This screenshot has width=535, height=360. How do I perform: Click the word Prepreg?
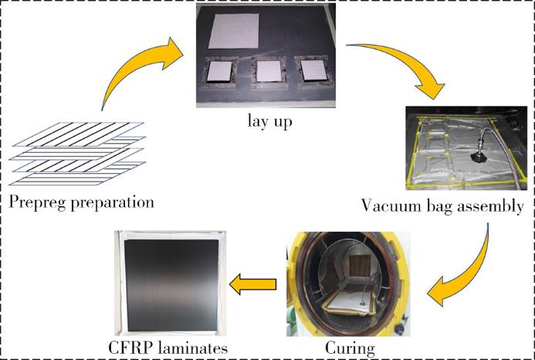pyautogui.click(x=38, y=202)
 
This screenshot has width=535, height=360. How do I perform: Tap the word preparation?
pyautogui.click(x=112, y=203)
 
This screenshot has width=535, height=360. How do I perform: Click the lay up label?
pyautogui.click(x=269, y=122)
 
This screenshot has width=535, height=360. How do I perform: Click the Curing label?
pyautogui.click(x=350, y=348)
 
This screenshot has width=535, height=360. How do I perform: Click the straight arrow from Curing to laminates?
pyautogui.click(x=252, y=284)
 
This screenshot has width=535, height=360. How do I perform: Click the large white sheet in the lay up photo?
pyautogui.click(x=233, y=31)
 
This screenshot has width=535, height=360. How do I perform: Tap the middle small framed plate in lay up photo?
pyautogui.click(x=269, y=71)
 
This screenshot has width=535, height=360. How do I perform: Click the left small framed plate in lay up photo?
pyautogui.click(x=219, y=72)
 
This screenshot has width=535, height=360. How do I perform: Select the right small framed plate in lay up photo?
pyautogui.click(x=313, y=70)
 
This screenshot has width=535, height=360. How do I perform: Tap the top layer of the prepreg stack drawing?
pyautogui.click(x=78, y=134)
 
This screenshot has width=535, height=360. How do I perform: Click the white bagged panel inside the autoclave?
pyautogui.click(x=348, y=303)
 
